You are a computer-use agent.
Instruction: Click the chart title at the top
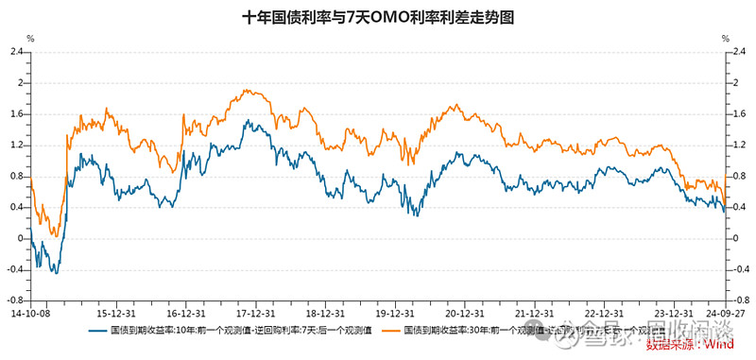click(378, 17)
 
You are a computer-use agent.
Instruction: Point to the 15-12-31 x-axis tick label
click(113, 311)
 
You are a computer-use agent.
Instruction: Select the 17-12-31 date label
click(255, 311)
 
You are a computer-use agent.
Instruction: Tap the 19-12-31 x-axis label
click(397, 311)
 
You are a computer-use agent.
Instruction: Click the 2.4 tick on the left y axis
click(16, 52)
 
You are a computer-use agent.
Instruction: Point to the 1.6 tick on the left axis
click(16, 114)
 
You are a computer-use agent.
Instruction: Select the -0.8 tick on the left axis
click(14, 300)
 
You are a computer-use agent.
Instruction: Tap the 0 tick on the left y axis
click(20, 238)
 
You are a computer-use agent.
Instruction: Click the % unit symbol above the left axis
click(29, 39)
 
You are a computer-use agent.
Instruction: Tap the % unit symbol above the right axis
click(726, 39)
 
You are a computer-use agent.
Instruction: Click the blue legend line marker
click(97, 332)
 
